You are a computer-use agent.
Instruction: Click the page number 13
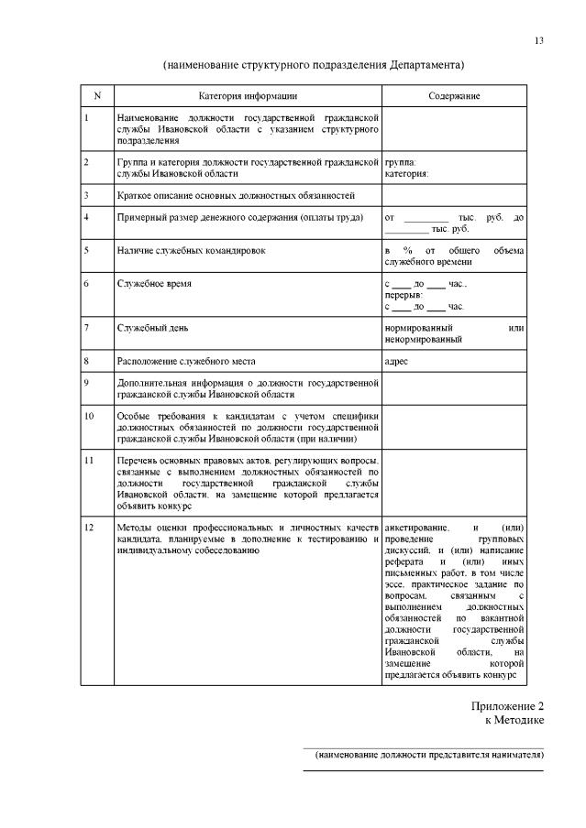(x=539, y=40)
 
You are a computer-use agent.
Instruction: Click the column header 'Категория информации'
(x=248, y=96)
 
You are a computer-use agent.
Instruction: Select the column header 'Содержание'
(x=454, y=96)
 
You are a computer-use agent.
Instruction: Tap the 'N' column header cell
(x=97, y=96)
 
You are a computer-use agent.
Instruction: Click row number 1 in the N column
(x=86, y=118)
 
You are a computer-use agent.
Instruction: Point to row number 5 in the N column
(x=86, y=249)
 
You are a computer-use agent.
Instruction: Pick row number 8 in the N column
(x=86, y=361)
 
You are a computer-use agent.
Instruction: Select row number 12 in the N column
(x=88, y=528)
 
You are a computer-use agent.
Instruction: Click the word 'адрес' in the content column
(x=397, y=361)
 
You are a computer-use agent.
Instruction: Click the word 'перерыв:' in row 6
(x=404, y=295)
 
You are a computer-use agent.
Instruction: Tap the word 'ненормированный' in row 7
(x=424, y=339)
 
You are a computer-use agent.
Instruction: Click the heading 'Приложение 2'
(x=508, y=706)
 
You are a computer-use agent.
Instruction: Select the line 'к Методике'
(x=514, y=721)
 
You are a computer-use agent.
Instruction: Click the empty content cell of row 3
(x=454, y=195)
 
